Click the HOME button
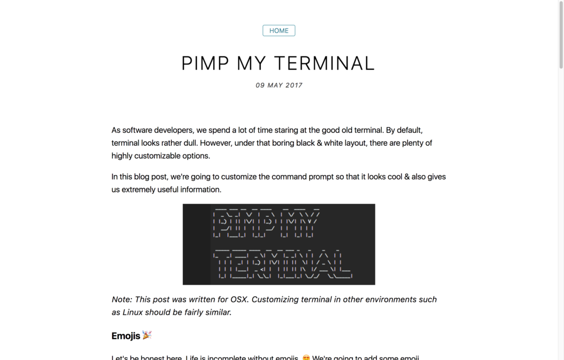click(x=279, y=31)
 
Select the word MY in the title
click(x=251, y=63)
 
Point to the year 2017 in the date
click(x=293, y=85)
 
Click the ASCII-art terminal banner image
click(x=279, y=244)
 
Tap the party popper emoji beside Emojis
click(x=147, y=335)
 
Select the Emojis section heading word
click(x=126, y=336)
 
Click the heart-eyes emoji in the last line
click(x=306, y=358)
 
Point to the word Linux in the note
click(x=133, y=312)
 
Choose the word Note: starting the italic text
click(x=122, y=299)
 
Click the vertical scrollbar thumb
click(x=561, y=35)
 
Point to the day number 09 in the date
click(x=260, y=85)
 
